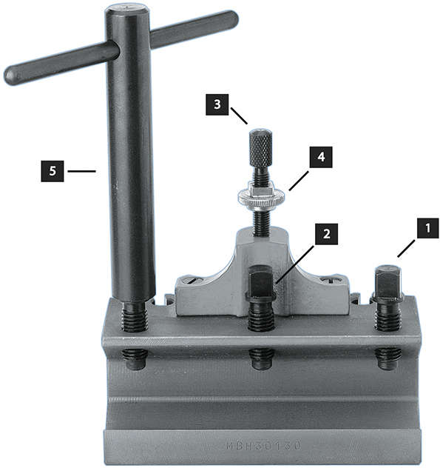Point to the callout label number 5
[52, 172]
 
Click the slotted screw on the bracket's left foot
[191, 280]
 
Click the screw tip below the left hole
[133, 358]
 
